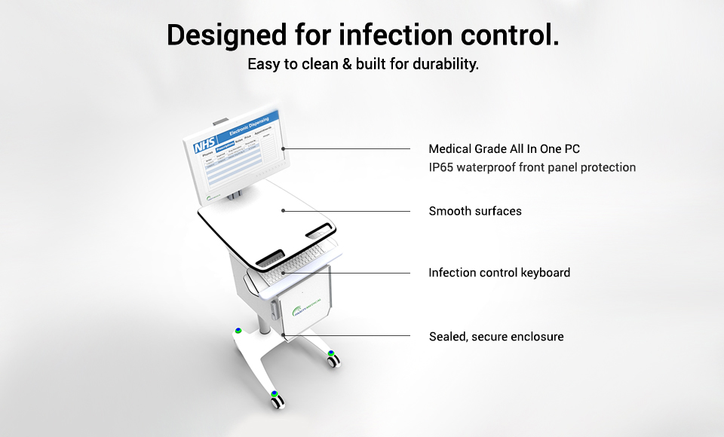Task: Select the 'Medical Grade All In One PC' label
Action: click(x=504, y=149)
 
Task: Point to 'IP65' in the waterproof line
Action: click(x=441, y=167)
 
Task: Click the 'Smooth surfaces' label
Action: click(x=475, y=211)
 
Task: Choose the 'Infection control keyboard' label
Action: click(x=499, y=273)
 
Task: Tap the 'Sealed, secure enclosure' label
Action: click(x=496, y=336)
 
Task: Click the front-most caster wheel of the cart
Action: click(x=278, y=398)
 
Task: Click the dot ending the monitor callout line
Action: click(x=284, y=148)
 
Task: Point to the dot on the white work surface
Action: click(x=284, y=211)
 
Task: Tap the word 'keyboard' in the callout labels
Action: click(x=545, y=273)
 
